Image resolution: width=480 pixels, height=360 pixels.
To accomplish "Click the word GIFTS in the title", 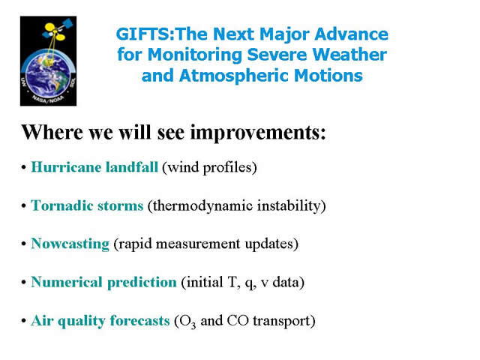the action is tap(143, 34).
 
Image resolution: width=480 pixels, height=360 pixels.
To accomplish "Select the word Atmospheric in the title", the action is tap(234, 76).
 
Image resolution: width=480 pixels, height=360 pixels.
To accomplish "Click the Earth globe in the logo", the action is tap(47, 74).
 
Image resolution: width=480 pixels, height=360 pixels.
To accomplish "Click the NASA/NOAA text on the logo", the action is tap(48, 98).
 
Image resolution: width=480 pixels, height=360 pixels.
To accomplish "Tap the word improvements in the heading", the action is tap(258, 133).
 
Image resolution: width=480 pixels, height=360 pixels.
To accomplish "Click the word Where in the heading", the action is tap(52, 132).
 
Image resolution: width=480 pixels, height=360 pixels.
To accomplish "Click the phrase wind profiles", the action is tap(209, 167).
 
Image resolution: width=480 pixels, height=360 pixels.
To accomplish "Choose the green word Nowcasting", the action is tap(70, 244).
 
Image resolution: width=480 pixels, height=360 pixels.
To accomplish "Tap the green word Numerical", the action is tap(67, 282).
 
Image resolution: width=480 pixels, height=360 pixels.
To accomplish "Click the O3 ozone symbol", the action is tap(187, 322).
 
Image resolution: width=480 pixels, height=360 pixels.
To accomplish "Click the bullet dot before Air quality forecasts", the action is tap(23, 321).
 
